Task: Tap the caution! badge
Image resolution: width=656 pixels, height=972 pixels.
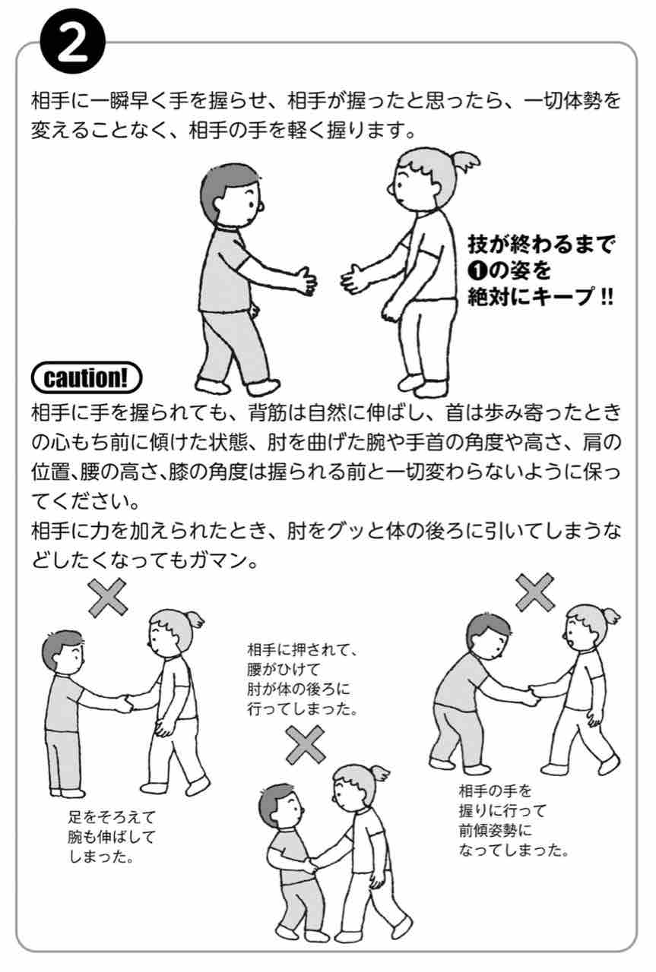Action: click(x=87, y=378)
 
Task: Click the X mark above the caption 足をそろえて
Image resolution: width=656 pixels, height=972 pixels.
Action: click(x=108, y=598)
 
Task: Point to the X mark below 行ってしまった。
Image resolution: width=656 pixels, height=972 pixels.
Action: click(x=306, y=745)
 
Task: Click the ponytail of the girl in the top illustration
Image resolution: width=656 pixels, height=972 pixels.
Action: click(x=465, y=162)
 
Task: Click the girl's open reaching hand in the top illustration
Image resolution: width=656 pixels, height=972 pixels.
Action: click(x=354, y=278)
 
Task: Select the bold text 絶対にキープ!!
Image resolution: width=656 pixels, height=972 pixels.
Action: click(x=540, y=297)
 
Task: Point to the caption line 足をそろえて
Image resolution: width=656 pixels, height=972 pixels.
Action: click(x=112, y=817)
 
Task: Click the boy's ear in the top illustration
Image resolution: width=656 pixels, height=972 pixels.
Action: click(x=260, y=206)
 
